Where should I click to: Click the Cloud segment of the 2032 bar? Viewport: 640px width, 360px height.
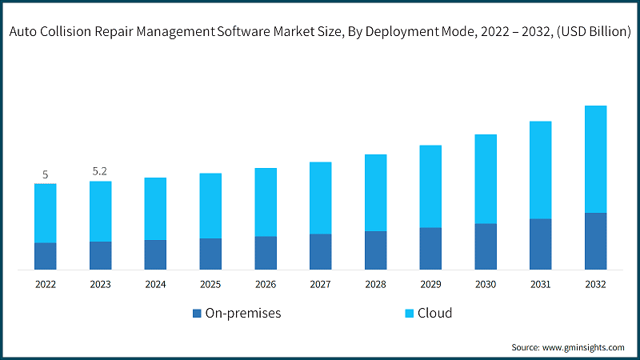coord(595,158)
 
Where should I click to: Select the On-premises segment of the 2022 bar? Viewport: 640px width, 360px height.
coord(46,256)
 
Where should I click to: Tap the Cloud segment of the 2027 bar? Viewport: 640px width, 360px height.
coord(320,198)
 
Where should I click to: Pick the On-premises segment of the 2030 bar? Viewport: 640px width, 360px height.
coord(486,246)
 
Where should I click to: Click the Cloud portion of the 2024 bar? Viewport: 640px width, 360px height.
coord(155,208)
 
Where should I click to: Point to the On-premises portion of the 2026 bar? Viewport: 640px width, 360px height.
coord(266,253)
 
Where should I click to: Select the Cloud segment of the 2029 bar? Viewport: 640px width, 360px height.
coord(430,186)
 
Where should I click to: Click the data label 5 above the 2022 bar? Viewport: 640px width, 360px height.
coord(46,174)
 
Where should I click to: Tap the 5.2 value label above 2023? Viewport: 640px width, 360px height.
coord(100,172)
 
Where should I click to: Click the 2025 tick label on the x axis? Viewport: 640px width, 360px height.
coord(210,284)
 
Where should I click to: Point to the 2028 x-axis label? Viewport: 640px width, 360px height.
coord(375,284)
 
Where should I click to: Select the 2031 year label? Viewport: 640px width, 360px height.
coord(540,284)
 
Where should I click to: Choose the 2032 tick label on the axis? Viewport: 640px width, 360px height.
coord(595,284)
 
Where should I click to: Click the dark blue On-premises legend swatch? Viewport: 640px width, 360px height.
coord(197,314)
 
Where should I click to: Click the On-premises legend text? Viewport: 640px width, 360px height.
coord(243,314)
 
